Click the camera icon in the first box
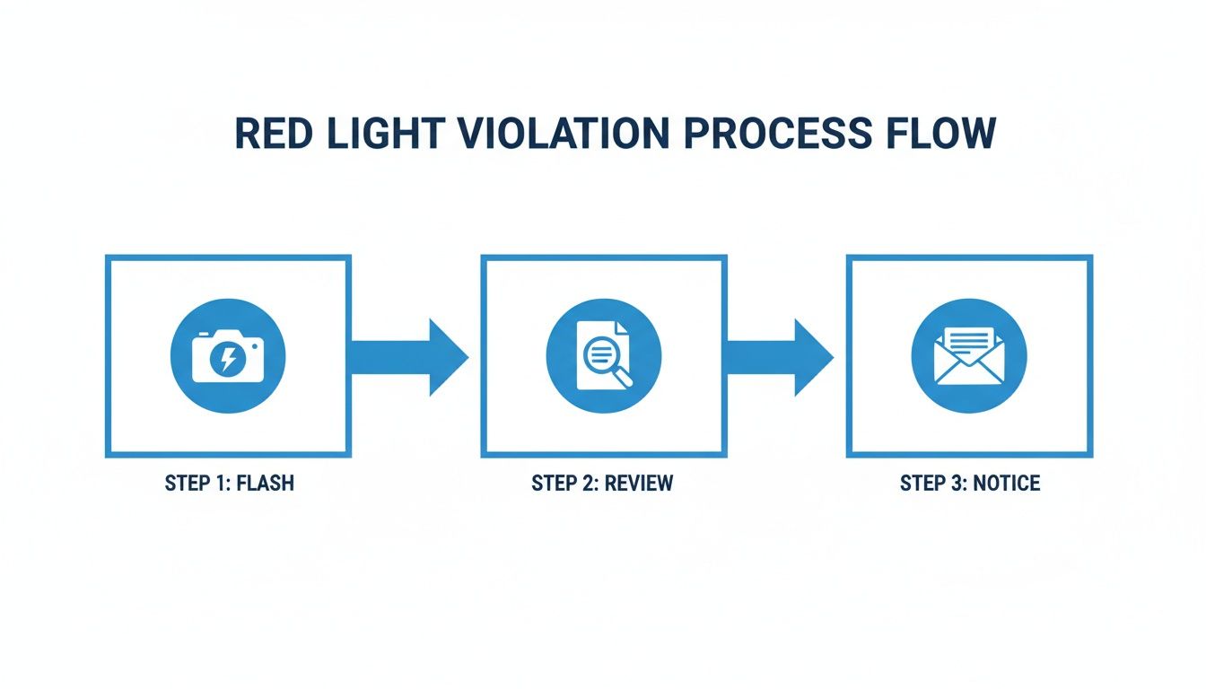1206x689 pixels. coord(228,357)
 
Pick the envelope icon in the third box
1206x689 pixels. coord(969,357)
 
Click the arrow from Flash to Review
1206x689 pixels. coord(408,356)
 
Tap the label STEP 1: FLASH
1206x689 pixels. coord(229,484)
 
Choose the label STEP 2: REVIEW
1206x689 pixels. coord(602,484)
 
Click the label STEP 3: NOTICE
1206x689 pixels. coord(970,484)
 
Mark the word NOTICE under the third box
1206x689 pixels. coord(1007,484)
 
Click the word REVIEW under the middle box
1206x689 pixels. coord(639,484)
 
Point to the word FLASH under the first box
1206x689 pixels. coord(267,484)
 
